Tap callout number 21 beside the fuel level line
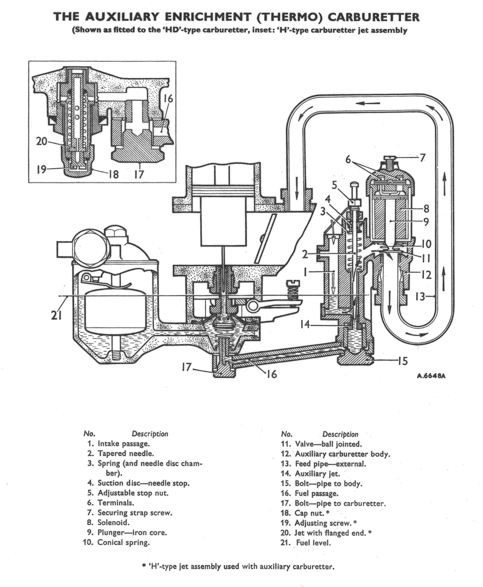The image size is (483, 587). pos(56,315)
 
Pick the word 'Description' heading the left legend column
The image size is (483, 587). pos(150,434)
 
